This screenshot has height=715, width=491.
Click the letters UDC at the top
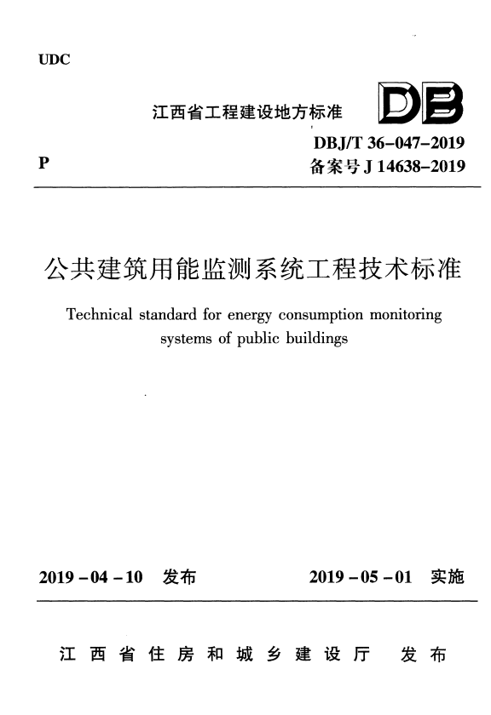point(54,60)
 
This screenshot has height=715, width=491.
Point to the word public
point(253,339)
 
